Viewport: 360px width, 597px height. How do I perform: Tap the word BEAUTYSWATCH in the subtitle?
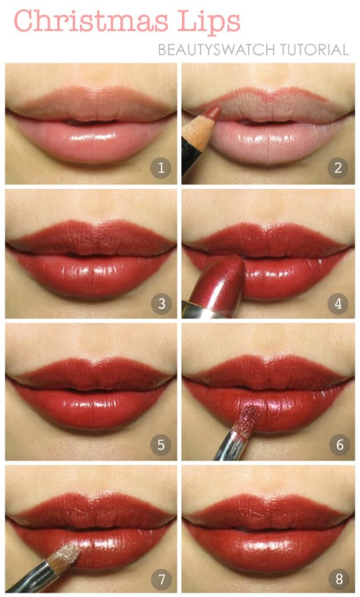218,51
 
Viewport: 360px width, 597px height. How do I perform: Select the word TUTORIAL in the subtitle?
315,51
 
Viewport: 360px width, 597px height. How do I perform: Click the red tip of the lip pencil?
214,110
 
